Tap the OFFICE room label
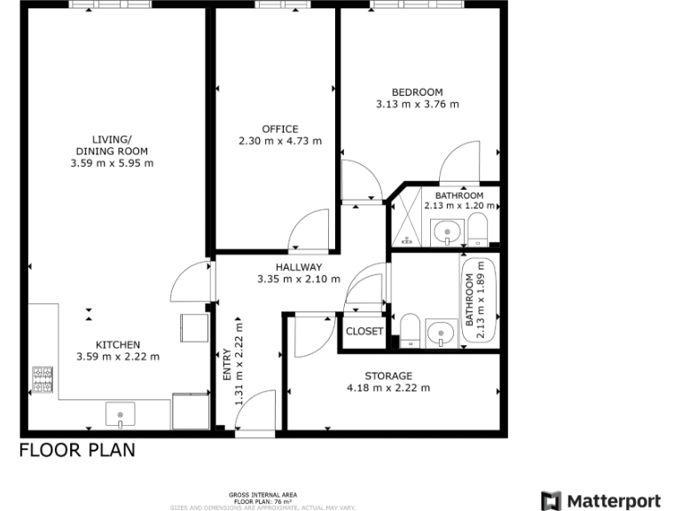pyautogui.click(x=280, y=129)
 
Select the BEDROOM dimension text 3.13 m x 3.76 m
pyautogui.click(x=417, y=104)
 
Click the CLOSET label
pyautogui.click(x=364, y=332)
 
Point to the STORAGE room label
pyautogui.click(x=388, y=376)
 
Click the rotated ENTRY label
pyautogui.click(x=227, y=366)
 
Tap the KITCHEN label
pyautogui.click(x=118, y=345)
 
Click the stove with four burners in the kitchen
pyautogui.click(x=43, y=380)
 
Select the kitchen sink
pyautogui.click(x=120, y=413)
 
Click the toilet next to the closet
pyautogui.click(x=410, y=330)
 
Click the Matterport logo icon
pyautogui.click(x=551, y=500)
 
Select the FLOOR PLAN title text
pyautogui.click(x=78, y=450)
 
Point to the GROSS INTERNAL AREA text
pyautogui.click(x=262, y=494)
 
